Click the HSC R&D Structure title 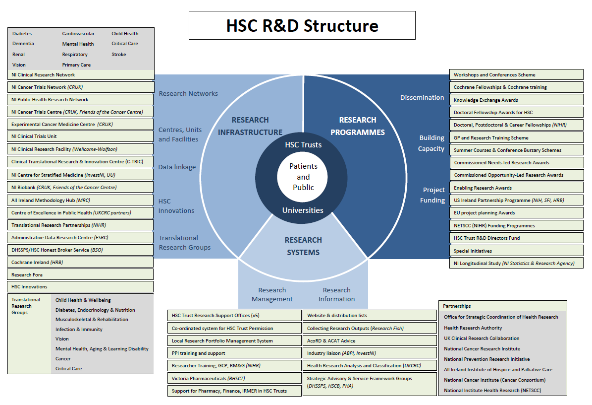[302, 26]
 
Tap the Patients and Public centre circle [303, 177]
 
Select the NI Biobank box [80, 188]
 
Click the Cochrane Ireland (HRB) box [80, 262]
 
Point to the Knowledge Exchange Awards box [516, 100]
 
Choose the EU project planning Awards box [516, 212]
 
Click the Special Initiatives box [516, 251]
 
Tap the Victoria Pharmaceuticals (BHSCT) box [234, 378]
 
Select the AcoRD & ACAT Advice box [370, 341]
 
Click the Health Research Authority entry [473, 328]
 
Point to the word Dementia [23, 44]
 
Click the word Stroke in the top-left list [119, 55]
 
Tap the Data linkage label [177, 167]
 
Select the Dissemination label [422, 98]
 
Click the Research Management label [272, 294]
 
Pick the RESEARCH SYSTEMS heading [303, 246]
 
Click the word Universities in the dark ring [303, 210]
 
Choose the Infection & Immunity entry [79, 329]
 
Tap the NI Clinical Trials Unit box [80, 136]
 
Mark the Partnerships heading [457, 306]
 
